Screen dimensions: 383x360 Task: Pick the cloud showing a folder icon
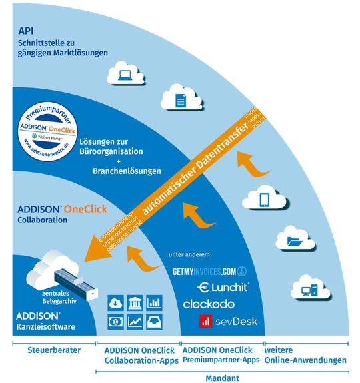[293, 242]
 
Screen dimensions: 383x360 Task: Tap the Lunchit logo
[223, 287]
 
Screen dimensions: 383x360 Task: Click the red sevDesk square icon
[207, 322]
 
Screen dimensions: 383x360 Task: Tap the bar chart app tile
[153, 302]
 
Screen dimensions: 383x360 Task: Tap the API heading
[27, 31]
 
